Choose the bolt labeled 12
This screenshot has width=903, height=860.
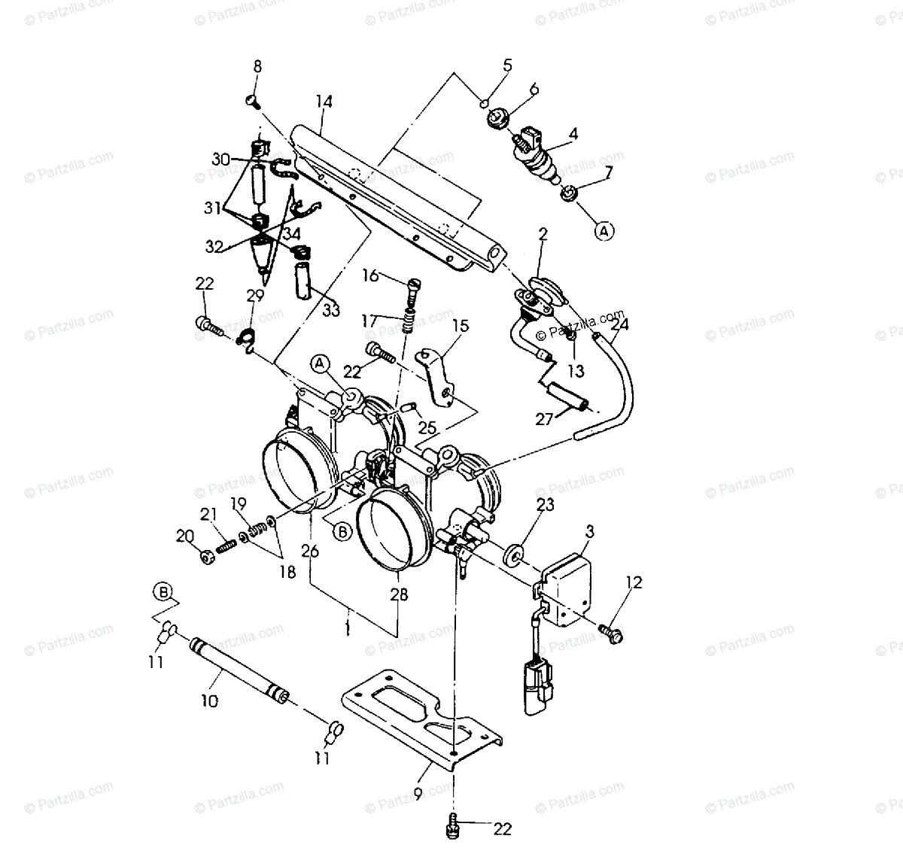[610, 633]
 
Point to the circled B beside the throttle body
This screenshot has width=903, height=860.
[343, 531]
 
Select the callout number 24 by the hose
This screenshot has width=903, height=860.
[620, 325]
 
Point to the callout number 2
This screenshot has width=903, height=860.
[543, 235]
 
